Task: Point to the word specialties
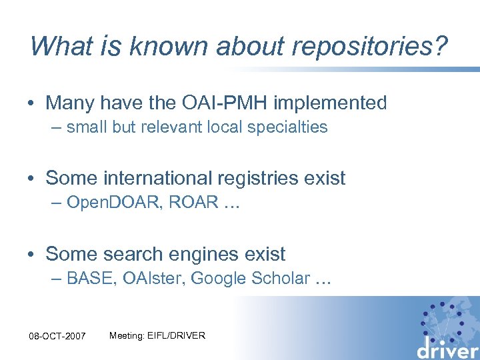pyautogui.click(x=288, y=127)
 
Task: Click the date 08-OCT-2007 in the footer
pyautogui.click(x=58, y=336)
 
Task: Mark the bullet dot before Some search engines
pyautogui.click(x=33, y=255)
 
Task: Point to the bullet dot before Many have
pyautogui.click(x=33, y=104)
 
